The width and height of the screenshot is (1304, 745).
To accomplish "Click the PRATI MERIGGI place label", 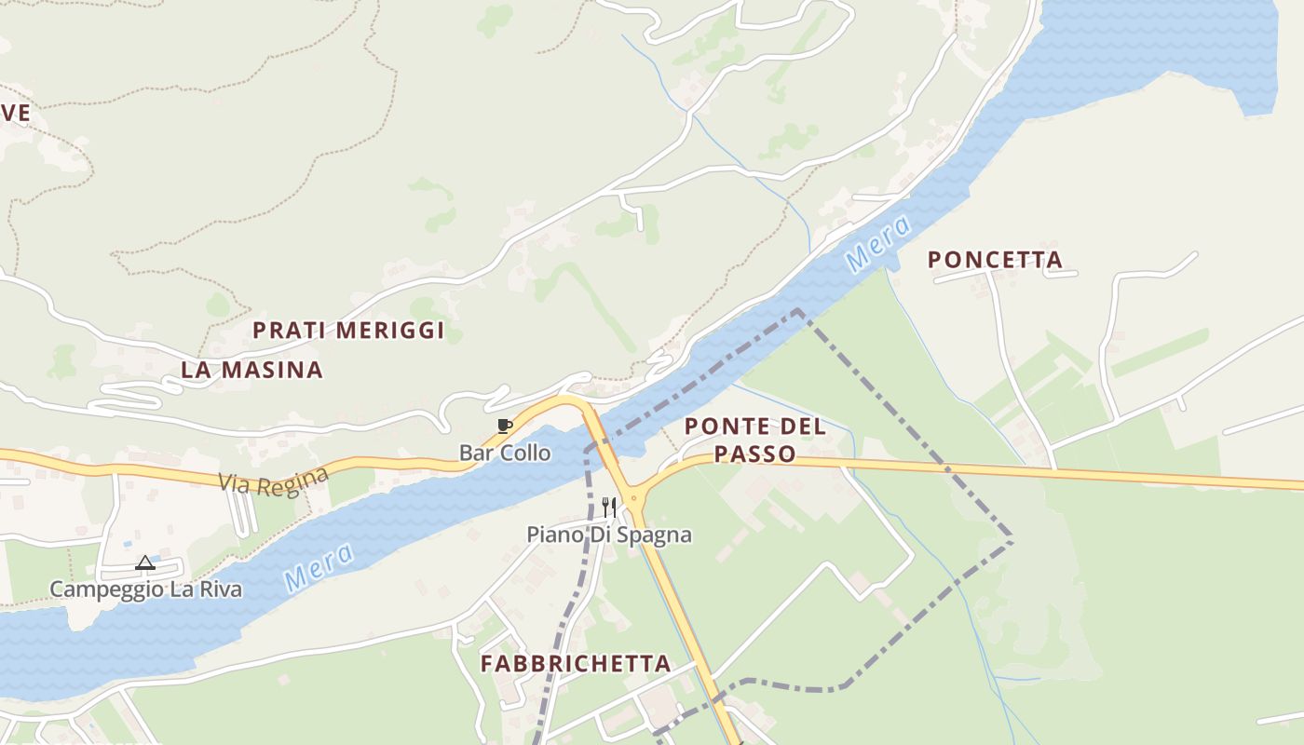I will click(x=348, y=331).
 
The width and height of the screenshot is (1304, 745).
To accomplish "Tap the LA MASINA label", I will click(x=251, y=370).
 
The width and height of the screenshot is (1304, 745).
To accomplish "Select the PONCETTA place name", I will click(x=995, y=260).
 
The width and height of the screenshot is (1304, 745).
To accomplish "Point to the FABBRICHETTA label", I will click(x=576, y=664).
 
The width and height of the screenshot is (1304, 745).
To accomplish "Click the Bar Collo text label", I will click(x=505, y=454).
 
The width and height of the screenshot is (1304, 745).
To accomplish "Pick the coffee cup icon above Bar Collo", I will click(x=504, y=427).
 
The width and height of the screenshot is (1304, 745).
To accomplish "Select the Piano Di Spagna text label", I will click(x=609, y=535).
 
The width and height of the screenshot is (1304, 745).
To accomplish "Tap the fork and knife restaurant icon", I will click(x=608, y=507).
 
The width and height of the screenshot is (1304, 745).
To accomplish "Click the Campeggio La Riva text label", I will click(x=145, y=589).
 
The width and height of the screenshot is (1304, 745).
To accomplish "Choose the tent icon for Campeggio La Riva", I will click(x=144, y=562).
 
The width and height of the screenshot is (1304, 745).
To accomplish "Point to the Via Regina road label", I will click(x=274, y=481).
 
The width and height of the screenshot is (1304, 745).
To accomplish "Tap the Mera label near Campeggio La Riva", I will click(x=319, y=567).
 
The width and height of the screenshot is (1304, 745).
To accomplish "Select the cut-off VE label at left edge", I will click(x=15, y=114).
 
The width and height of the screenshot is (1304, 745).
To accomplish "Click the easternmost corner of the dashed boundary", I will click(x=1012, y=541).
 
